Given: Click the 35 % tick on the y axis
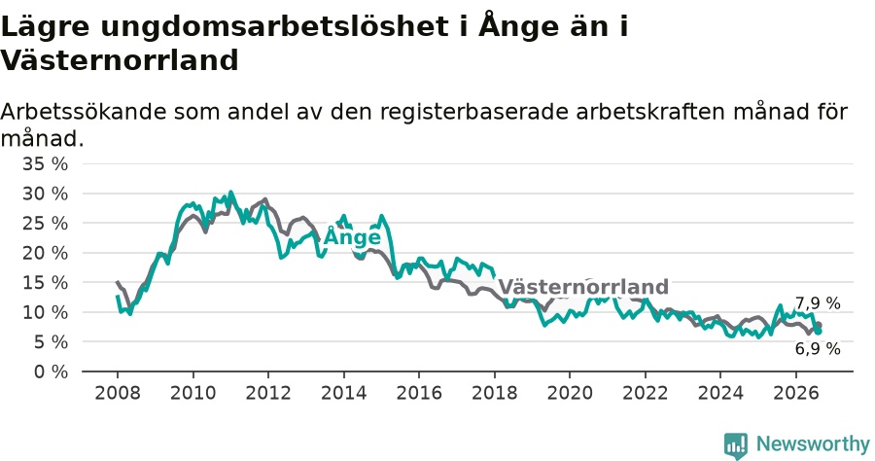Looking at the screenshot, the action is (45, 164).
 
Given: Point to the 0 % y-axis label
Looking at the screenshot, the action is (51, 372).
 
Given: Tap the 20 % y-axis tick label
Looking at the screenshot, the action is (45, 254).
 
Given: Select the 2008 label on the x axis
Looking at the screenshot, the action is (118, 393).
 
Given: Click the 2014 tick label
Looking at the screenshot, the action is (344, 393).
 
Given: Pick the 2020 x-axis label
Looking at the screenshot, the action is (570, 393).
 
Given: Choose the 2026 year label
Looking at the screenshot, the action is (795, 393).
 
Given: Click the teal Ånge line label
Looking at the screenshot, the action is (352, 236).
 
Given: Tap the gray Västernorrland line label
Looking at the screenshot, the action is (583, 287).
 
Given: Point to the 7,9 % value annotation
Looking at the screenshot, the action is (818, 303).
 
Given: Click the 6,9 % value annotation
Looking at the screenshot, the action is (818, 349).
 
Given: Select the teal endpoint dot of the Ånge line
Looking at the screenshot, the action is (818, 332).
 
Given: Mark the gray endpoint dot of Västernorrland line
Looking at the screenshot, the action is (819, 325).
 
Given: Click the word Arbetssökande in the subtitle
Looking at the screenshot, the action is (84, 112).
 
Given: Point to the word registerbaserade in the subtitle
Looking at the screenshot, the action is (473, 113).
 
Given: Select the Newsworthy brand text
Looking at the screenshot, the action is (813, 444).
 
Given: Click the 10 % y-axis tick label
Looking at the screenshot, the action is (45, 312).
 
